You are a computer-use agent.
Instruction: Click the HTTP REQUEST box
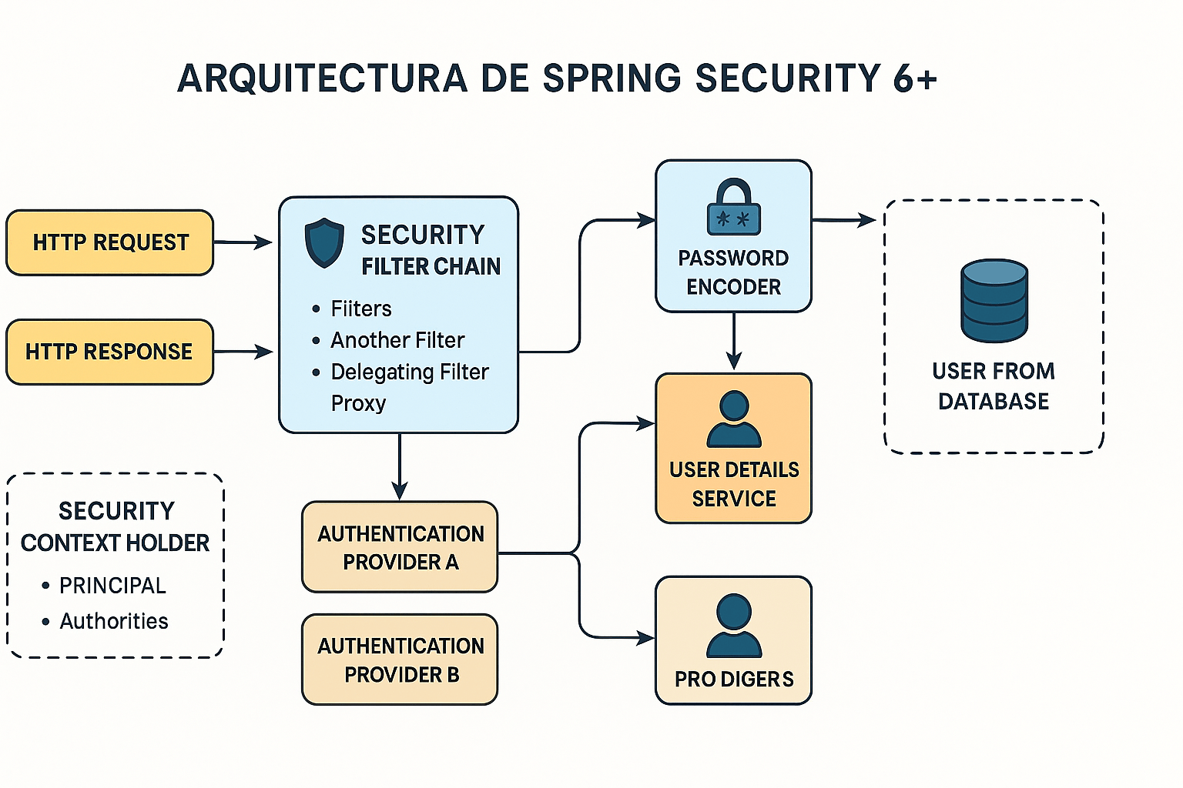pyautogui.click(x=109, y=242)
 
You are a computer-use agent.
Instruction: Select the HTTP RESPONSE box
pyautogui.click(x=109, y=352)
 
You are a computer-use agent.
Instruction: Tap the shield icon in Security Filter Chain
pyautogui.click(x=324, y=242)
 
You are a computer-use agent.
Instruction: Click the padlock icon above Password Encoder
pyautogui.click(x=733, y=207)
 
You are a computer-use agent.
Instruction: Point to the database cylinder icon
pyautogui.click(x=994, y=301)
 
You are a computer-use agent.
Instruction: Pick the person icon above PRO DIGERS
pyautogui.click(x=734, y=625)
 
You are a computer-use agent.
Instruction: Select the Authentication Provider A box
pyautogui.click(x=400, y=547)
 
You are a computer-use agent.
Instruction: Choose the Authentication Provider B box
pyautogui.click(x=400, y=659)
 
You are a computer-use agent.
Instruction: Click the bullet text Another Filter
pyautogui.click(x=397, y=340)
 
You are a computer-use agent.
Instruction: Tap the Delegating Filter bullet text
pyautogui.click(x=410, y=372)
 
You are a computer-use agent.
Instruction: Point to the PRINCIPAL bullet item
pyautogui.click(x=112, y=586)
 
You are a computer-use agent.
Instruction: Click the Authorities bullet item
pyautogui.click(x=114, y=621)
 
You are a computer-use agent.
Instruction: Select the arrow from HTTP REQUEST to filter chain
pyautogui.click(x=243, y=242)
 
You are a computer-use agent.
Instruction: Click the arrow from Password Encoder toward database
pyautogui.click(x=844, y=220)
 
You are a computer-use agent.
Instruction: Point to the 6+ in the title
pyautogui.click(x=915, y=78)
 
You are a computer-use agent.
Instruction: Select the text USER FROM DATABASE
pyautogui.click(x=994, y=386)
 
